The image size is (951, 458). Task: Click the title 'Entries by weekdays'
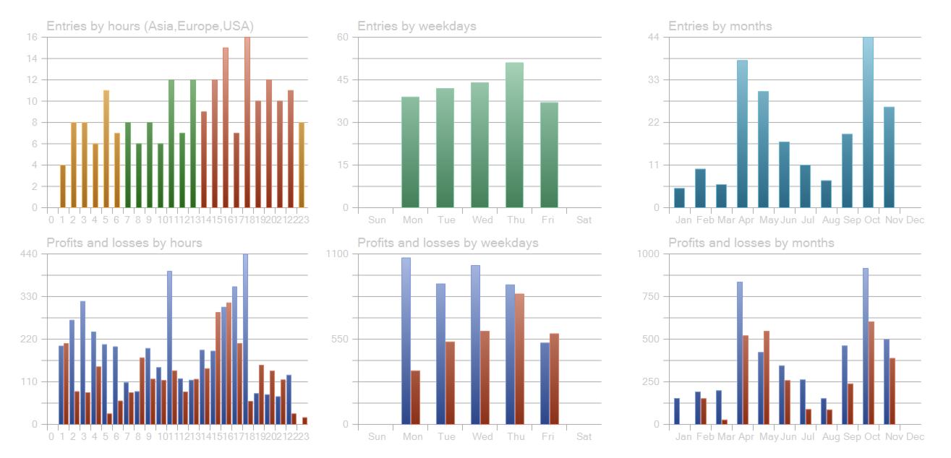pyautogui.click(x=417, y=26)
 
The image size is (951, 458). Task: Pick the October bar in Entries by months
pyautogui.click(x=868, y=123)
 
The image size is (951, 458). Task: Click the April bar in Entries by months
pyautogui.click(x=742, y=134)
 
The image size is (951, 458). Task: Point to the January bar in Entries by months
pyautogui.click(x=679, y=198)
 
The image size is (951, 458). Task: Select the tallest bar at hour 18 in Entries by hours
pyautogui.click(x=247, y=123)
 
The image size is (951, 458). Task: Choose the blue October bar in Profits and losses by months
pyautogui.click(x=865, y=346)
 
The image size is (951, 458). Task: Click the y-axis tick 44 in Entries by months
pyautogui.click(x=653, y=37)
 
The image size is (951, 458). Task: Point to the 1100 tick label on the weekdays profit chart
pyautogui.click(x=338, y=254)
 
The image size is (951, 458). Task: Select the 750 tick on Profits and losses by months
pyautogui.click(x=650, y=296)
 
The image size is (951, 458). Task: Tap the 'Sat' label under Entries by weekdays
pyautogui.click(x=584, y=220)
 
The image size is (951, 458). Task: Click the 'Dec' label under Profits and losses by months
pyautogui.click(x=915, y=436)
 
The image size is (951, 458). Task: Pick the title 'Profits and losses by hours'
pyautogui.click(x=124, y=243)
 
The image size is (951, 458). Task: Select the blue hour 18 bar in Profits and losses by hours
pyautogui.click(x=245, y=339)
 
